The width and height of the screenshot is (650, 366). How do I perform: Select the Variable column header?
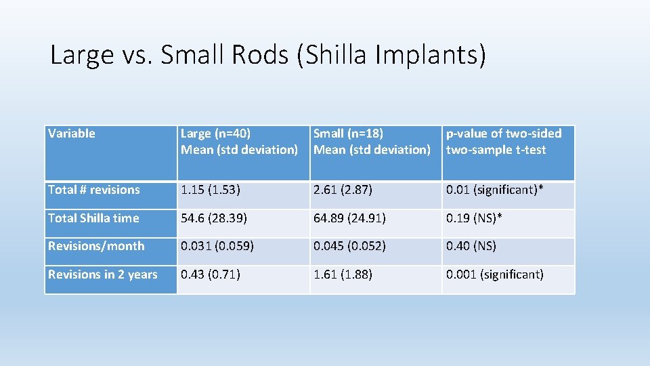[x=72, y=134]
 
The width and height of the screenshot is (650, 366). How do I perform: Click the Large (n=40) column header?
[x=239, y=142]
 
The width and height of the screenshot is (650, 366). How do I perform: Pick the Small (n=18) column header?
[x=372, y=142]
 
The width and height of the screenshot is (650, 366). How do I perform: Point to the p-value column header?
[x=504, y=142]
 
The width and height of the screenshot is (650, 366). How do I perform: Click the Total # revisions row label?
[x=94, y=190]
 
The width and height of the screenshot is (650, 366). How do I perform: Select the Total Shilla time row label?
[x=93, y=218]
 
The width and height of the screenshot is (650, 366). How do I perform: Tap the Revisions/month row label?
[x=96, y=246]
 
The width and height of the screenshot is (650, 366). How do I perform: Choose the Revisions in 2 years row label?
[x=103, y=274]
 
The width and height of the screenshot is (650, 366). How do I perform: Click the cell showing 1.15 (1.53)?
[x=210, y=190]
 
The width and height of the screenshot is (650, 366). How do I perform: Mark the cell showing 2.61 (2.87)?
[x=343, y=190]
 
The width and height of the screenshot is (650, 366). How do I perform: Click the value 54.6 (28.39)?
[x=213, y=218]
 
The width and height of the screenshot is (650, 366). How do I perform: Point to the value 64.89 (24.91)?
[x=349, y=218]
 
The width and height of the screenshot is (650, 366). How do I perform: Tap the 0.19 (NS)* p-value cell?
[x=474, y=218]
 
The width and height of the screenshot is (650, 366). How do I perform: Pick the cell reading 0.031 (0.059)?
[x=217, y=246]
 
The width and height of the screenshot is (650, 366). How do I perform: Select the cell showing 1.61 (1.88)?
[x=343, y=274]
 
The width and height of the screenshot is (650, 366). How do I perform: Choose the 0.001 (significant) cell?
[x=495, y=274]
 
